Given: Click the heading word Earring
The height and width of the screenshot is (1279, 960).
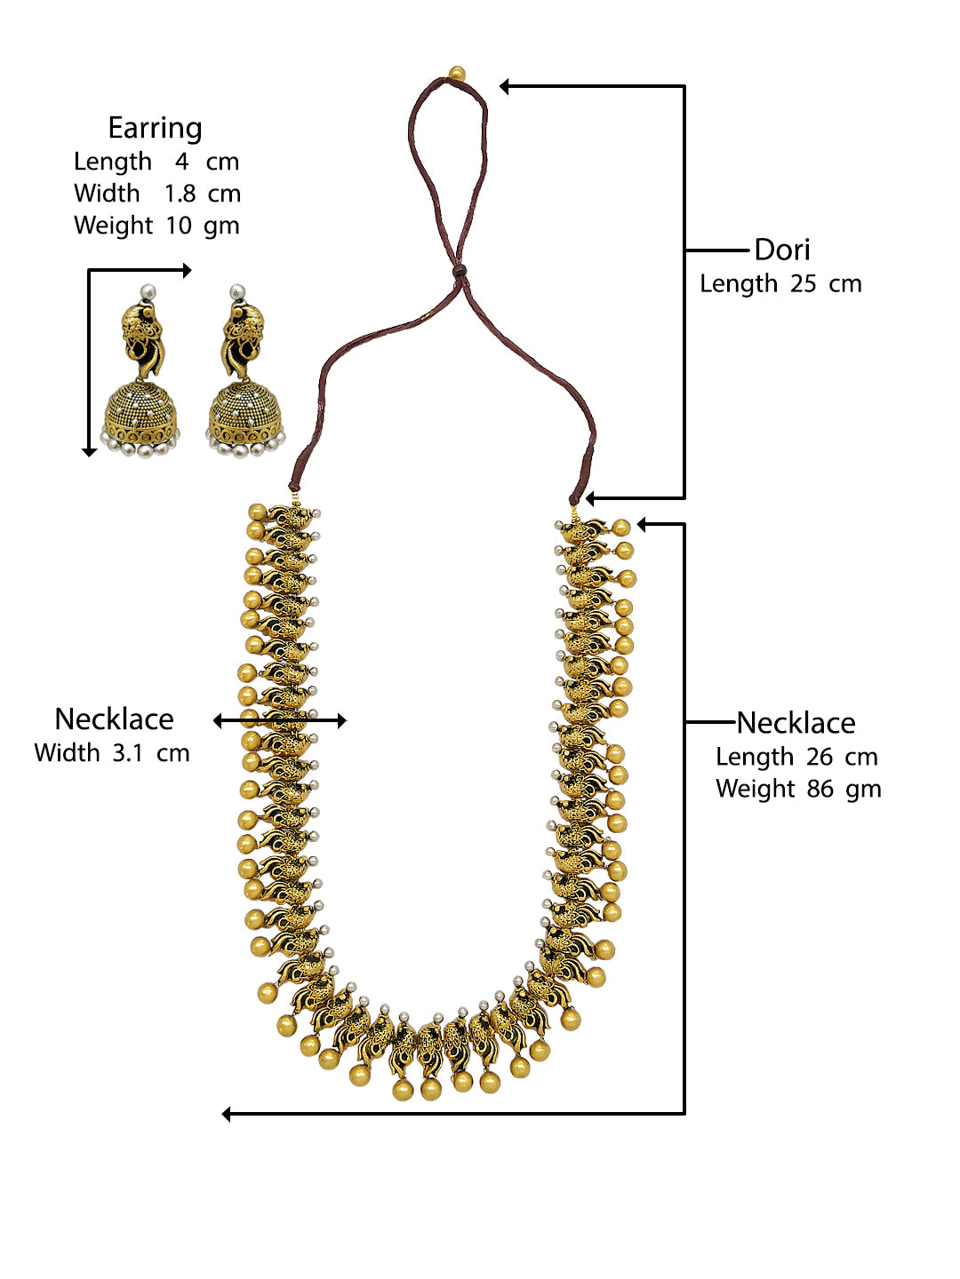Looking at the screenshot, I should coord(155,128).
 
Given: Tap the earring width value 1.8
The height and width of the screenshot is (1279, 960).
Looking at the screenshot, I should coord(180,194).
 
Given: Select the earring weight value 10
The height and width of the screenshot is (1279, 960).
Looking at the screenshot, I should coord(178,226).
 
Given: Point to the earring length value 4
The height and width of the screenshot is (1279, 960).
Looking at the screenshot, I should coord(181,162).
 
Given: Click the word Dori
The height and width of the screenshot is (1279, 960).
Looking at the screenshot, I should coord(782,250).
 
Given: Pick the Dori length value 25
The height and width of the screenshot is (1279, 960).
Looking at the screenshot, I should coord(803,284).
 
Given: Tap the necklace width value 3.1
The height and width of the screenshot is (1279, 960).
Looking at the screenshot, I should coord(127,753).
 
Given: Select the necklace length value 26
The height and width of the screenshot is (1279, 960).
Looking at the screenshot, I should coord(819,757).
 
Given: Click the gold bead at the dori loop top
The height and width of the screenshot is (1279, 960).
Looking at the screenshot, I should coord(457,73).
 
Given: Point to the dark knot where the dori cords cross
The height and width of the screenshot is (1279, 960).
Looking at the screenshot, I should coord(460,270).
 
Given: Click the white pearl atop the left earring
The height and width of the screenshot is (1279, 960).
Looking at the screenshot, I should coord(148,291).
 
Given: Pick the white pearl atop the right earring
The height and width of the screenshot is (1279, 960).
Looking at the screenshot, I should coord(236,291).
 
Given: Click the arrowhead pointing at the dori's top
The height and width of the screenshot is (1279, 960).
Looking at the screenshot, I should coord(504,86).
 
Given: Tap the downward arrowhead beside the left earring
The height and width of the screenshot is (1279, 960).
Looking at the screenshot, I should coord(89,452).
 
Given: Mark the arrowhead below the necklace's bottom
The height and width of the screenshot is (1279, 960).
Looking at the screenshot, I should coord(227,1114).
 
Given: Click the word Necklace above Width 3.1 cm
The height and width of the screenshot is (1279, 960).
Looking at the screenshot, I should coord(114,719).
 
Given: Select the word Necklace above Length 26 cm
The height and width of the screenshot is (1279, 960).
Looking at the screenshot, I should coord(796,723).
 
